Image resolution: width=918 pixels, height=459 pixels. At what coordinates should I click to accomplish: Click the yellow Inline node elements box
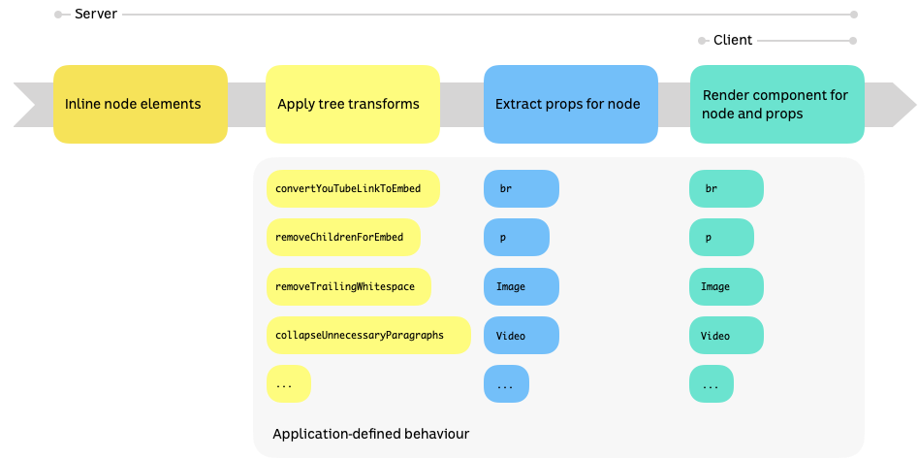click(141, 104)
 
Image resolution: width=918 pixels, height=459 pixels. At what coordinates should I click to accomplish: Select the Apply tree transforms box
click(353, 104)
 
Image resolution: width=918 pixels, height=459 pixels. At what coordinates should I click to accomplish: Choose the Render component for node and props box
click(777, 104)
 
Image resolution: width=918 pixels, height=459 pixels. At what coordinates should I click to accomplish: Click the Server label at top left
click(96, 15)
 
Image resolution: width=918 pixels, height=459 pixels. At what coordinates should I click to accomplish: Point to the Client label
click(732, 41)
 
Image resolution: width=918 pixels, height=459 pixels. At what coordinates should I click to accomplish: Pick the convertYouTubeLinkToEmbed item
click(352, 188)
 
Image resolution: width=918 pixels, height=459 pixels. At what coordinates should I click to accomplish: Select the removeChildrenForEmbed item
click(347, 237)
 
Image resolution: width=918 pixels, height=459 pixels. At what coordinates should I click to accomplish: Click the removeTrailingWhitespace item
click(348, 286)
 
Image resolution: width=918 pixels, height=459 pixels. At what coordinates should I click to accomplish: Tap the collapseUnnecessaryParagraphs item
click(367, 335)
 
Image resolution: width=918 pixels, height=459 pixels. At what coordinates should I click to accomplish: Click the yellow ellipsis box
click(288, 384)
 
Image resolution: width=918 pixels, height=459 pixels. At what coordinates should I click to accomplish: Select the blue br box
click(522, 188)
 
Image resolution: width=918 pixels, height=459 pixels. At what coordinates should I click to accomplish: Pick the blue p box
click(517, 237)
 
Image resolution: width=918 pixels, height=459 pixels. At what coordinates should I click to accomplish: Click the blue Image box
click(522, 286)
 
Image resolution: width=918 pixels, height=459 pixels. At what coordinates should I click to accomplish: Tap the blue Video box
click(522, 335)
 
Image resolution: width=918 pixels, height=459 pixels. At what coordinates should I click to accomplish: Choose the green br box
click(726, 188)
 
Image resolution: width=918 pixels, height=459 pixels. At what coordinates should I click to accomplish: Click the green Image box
click(726, 286)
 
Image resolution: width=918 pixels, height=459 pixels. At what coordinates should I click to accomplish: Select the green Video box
click(726, 335)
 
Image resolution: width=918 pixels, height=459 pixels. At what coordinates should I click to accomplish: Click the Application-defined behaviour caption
click(370, 434)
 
